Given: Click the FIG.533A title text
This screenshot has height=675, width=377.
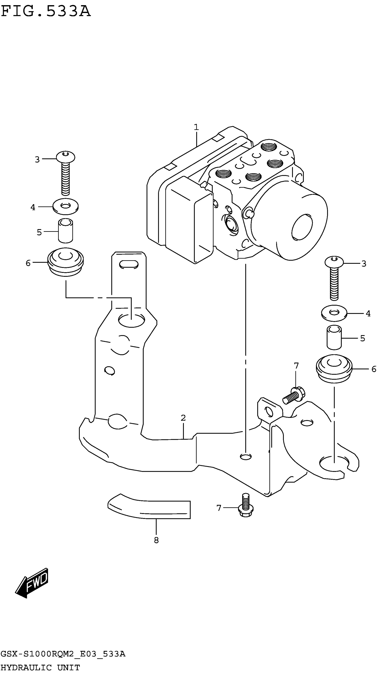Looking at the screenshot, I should (x=46, y=12).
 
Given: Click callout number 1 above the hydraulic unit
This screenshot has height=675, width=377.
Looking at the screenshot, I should (x=196, y=127).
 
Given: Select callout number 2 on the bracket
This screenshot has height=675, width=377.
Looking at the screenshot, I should (x=183, y=418).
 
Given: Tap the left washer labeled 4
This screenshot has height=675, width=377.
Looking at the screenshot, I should (x=65, y=206).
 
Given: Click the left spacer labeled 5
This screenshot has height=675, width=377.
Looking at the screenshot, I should (x=65, y=231).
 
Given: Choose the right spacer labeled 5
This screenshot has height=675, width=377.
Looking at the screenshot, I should (x=334, y=338).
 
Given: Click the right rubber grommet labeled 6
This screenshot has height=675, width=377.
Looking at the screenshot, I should (x=334, y=368).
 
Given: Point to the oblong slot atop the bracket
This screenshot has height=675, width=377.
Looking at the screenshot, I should (x=129, y=264).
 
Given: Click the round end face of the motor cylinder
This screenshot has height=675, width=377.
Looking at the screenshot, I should (x=302, y=227).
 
